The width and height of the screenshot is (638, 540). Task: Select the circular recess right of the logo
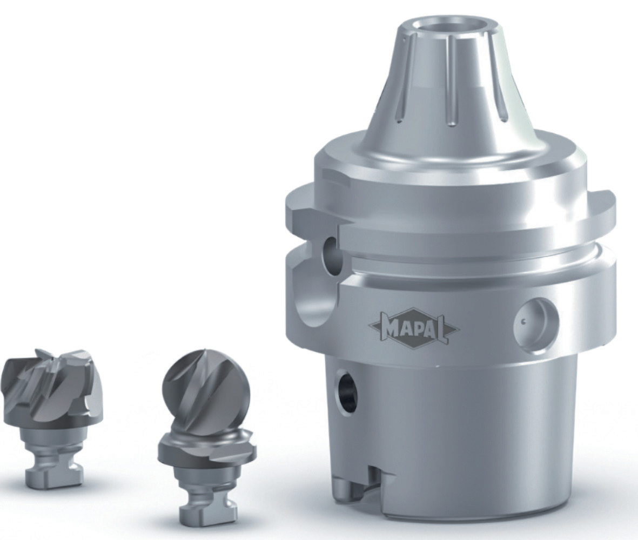[x=536, y=322]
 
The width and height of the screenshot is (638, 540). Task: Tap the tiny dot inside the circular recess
[x=523, y=320]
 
